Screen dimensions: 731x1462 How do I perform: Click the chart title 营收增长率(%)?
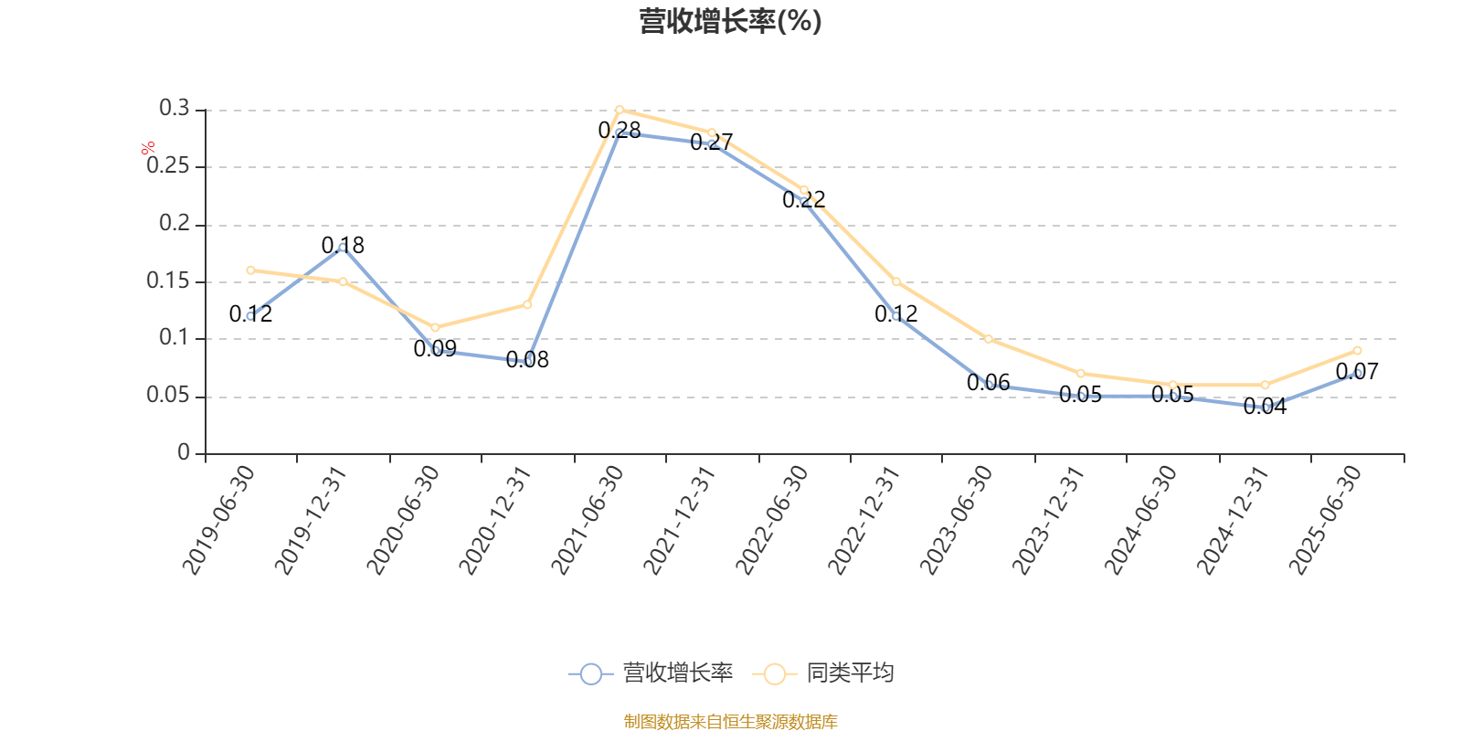pyautogui.click(x=730, y=21)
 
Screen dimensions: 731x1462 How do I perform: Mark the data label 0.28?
pyautogui.click(x=620, y=131)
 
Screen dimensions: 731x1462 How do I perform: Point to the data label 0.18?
pyautogui.click(x=343, y=245)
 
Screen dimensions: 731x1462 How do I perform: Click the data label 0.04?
pyautogui.click(x=1265, y=407)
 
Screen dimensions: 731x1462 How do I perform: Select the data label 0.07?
pyautogui.click(x=1357, y=372)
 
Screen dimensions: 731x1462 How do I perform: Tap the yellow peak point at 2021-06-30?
pyautogui.click(x=620, y=110)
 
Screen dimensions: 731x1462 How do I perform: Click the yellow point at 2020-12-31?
pyautogui.click(x=527, y=304)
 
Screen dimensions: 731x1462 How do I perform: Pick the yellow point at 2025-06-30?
pyautogui.click(x=1357, y=350)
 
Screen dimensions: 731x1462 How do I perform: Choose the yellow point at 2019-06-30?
pyautogui.click(x=250, y=270)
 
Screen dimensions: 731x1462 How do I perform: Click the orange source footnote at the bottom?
pyautogui.click(x=730, y=722)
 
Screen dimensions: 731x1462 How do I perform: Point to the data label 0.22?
pyautogui.click(x=804, y=199)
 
